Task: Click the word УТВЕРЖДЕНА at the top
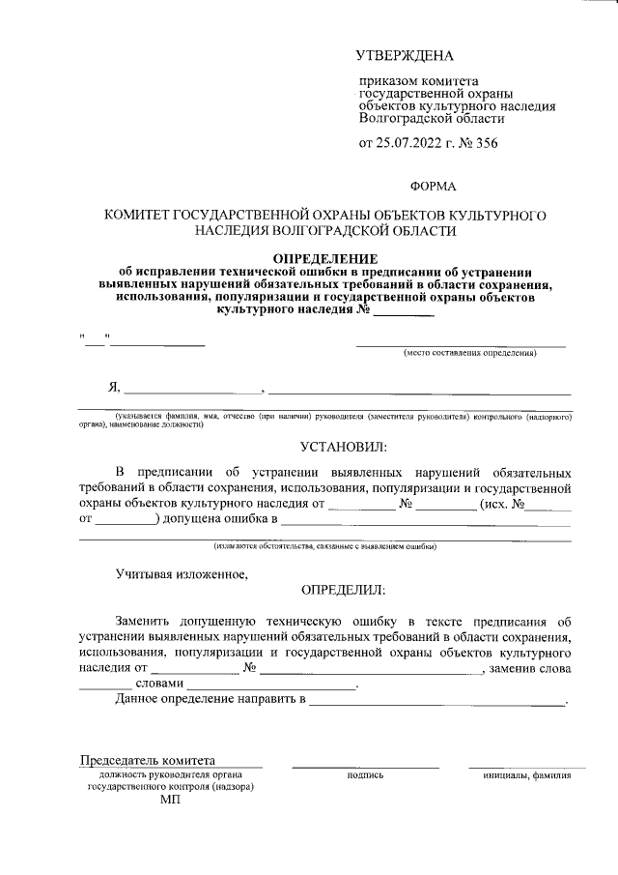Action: tap(405, 59)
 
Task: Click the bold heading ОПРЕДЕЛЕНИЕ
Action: tap(325, 259)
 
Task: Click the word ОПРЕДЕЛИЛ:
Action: tap(344, 589)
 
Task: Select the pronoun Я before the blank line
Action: tap(114, 388)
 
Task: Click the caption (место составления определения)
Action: tap(469, 353)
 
